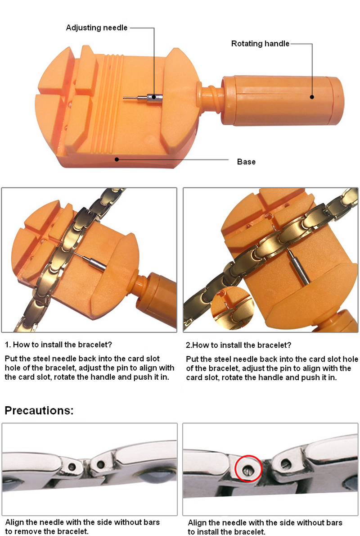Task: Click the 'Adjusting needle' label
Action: (x=97, y=27)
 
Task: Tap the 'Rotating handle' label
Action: (x=260, y=44)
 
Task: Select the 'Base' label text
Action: (x=246, y=162)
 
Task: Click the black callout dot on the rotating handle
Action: (x=312, y=97)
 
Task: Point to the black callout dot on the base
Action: (x=117, y=159)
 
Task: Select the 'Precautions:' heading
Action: (x=39, y=410)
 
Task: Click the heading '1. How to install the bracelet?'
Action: (x=58, y=345)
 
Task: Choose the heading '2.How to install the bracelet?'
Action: (x=238, y=345)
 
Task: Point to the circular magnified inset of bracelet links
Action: (x=232, y=308)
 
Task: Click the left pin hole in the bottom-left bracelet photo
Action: (x=72, y=466)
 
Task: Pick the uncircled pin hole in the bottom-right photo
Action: (x=286, y=463)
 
